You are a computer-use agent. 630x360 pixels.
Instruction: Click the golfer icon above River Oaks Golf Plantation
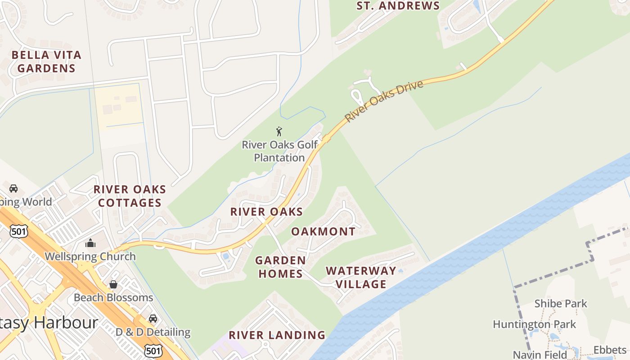tap(279, 132)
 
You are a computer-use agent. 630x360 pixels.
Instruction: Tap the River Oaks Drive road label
tap(384, 101)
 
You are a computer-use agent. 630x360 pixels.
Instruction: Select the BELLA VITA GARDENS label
tap(46, 62)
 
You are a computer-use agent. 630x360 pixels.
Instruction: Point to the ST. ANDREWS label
tap(398, 6)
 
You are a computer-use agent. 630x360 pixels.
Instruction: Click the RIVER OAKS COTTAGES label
tap(130, 196)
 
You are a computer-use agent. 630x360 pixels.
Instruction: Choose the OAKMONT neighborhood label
tap(323, 232)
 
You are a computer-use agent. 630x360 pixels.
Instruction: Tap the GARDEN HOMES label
tap(280, 267)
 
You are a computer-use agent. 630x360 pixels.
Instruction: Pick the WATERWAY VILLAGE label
tap(361, 277)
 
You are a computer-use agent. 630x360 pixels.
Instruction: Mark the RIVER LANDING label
tap(277, 335)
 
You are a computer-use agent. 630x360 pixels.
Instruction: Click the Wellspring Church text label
tap(90, 256)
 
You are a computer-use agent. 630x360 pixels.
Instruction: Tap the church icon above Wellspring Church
tap(90, 243)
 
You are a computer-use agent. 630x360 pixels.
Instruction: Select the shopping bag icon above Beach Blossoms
tap(113, 284)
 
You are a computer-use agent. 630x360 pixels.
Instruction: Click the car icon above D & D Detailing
tap(153, 319)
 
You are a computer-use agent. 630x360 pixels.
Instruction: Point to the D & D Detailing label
tap(153, 332)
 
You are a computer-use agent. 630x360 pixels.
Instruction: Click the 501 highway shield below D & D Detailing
tap(153, 351)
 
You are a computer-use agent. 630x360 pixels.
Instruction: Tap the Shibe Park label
tap(561, 304)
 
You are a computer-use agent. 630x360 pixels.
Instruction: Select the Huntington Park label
tap(534, 324)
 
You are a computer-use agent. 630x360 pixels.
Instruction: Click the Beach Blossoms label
tap(113, 297)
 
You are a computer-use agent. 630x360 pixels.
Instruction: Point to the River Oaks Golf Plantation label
tap(279, 151)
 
